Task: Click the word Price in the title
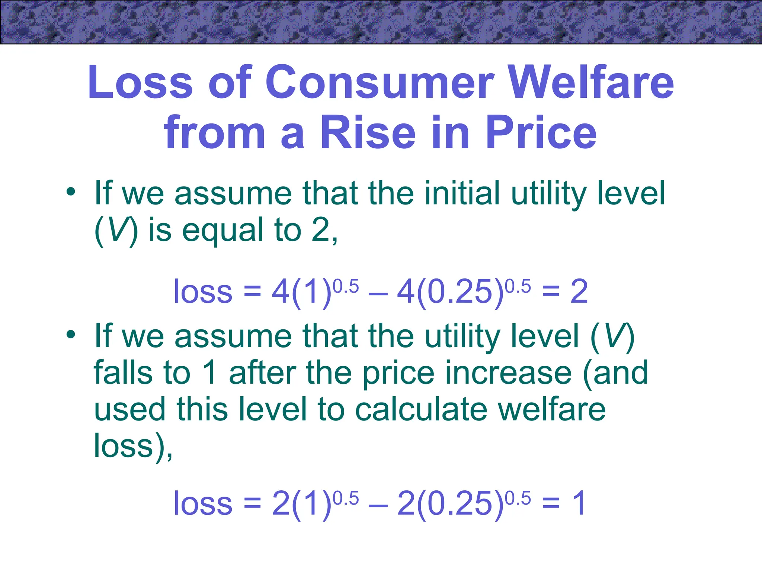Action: (x=541, y=133)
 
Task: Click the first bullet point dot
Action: (x=71, y=193)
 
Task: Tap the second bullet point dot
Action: (x=71, y=335)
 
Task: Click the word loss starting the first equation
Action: (x=203, y=292)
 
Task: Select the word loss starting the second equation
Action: (x=203, y=504)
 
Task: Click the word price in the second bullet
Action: (x=398, y=374)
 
